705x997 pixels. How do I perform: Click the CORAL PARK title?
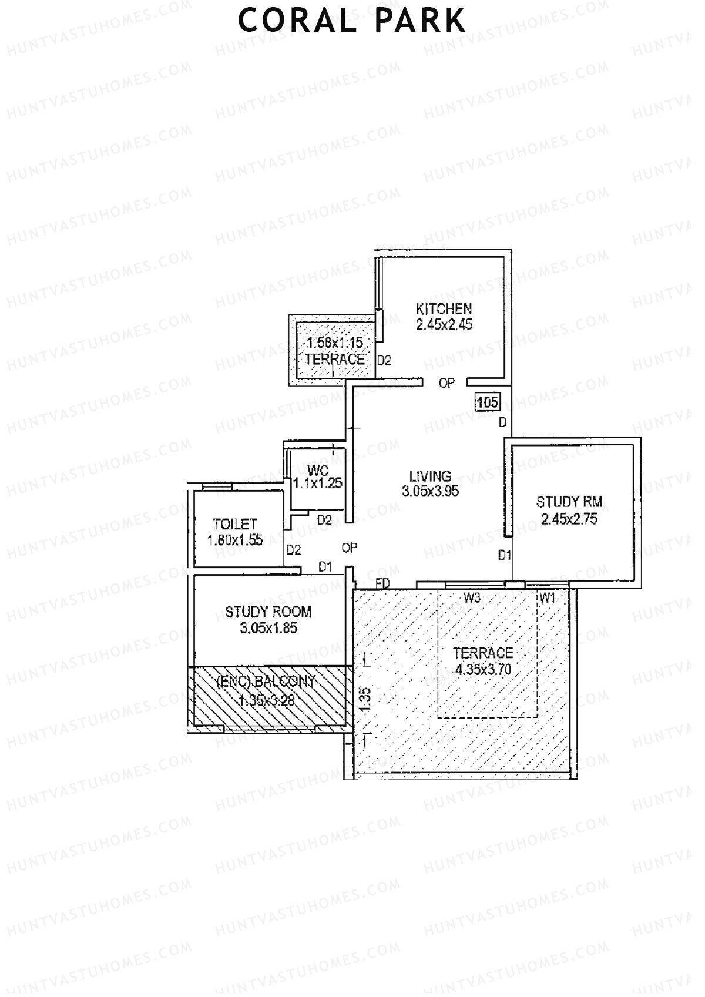click(x=352, y=21)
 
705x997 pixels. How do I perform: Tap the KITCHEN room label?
click(x=444, y=309)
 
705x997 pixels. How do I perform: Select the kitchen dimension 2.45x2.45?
click(x=444, y=325)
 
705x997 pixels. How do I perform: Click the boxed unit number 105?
click(x=488, y=402)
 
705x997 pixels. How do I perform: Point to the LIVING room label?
click(x=430, y=476)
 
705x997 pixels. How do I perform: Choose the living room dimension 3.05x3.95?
click(x=430, y=492)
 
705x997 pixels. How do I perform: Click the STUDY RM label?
click(x=569, y=502)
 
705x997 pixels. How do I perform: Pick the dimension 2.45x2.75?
click(x=569, y=519)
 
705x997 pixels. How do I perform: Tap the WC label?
click(x=317, y=470)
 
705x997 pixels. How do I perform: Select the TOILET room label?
click(x=235, y=524)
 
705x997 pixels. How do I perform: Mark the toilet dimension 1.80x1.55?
click(x=235, y=541)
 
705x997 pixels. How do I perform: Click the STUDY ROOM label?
click(x=268, y=612)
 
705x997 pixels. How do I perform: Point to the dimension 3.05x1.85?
click(x=268, y=628)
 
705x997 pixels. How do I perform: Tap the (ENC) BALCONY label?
click(x=266, y=682)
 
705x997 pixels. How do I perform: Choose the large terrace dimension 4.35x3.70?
click(x=482, y=669)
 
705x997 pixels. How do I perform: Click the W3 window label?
click(x=472, y=599)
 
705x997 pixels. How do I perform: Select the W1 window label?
click(x=548, y=599)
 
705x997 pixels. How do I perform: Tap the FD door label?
click(x=383, y=583)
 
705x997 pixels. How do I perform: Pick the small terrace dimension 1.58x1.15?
click(x=334, y=343)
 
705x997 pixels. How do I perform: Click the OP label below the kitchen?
click(x=446, y=383)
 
